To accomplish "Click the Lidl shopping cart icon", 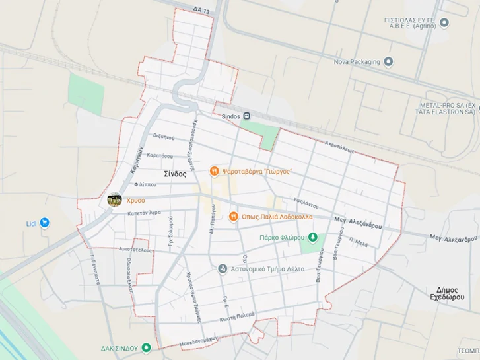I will coord(44,223).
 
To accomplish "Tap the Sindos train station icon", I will coord(246,116).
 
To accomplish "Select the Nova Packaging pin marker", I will coord(388,62).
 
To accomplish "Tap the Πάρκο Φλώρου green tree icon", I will coord(314,237).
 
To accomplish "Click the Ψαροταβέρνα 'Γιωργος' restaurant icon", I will coord(214,172).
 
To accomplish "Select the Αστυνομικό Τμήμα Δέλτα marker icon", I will coord(223,269).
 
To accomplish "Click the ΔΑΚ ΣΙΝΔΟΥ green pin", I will coord(146,347).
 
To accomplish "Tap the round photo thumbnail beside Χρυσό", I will coord(114,199).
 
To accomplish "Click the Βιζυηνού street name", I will coord(163,137).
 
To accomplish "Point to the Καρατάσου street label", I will coord(160,156).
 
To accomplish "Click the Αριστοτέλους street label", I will coord(135,250).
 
